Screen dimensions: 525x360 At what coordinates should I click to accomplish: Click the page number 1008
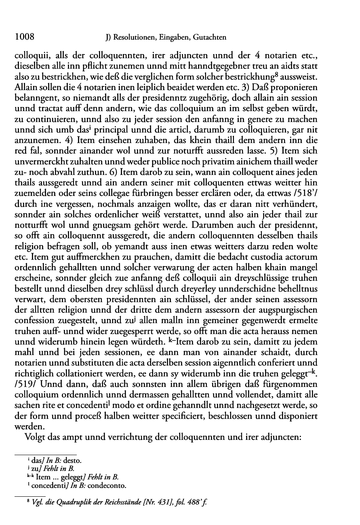pyautogui.click(x=24, y=37)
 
